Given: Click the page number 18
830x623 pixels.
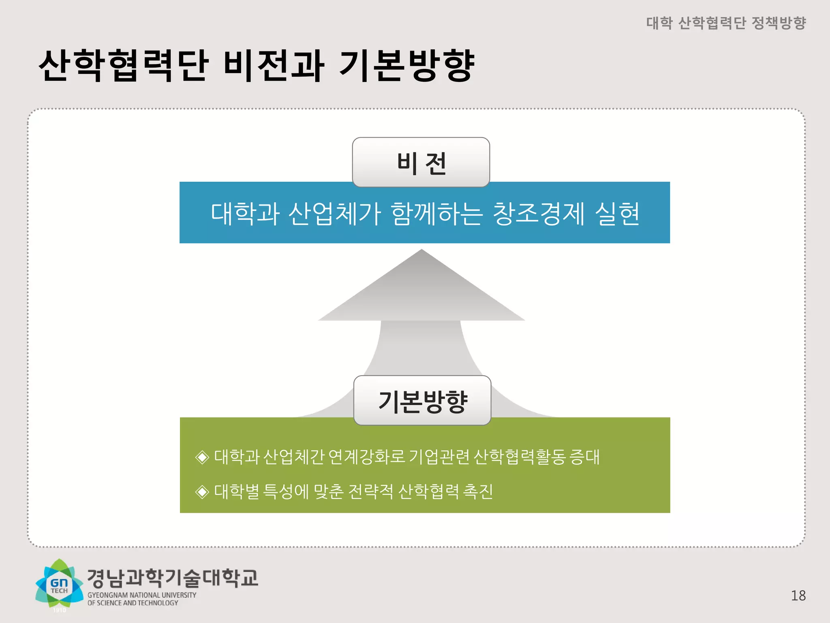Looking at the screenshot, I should pyautogui.click(x=798, y=595).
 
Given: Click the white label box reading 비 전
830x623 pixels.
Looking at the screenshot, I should pyautogui.click(x=421, y=162).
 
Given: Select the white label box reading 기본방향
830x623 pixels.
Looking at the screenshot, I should pyautogui.click(x=422, y=401).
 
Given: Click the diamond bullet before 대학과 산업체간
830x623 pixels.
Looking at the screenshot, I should pyautogui.click(x=202, y=457).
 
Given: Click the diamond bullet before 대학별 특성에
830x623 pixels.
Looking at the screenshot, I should pyautogui.click(x=202, y=492).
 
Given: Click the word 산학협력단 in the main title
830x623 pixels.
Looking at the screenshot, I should pyautogui.click(x=124, y=66).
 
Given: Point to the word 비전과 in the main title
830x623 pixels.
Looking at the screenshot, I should pyautogui.click(x=274, y=66).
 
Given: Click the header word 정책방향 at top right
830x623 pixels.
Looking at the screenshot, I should pyautogui.click(x=779, y=23).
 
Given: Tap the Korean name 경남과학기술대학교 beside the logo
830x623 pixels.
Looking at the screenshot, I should pyautogui.click(x=173, y=578).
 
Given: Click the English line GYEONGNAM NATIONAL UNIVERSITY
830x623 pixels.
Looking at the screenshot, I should pyautogui.click(x=142, y=595).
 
